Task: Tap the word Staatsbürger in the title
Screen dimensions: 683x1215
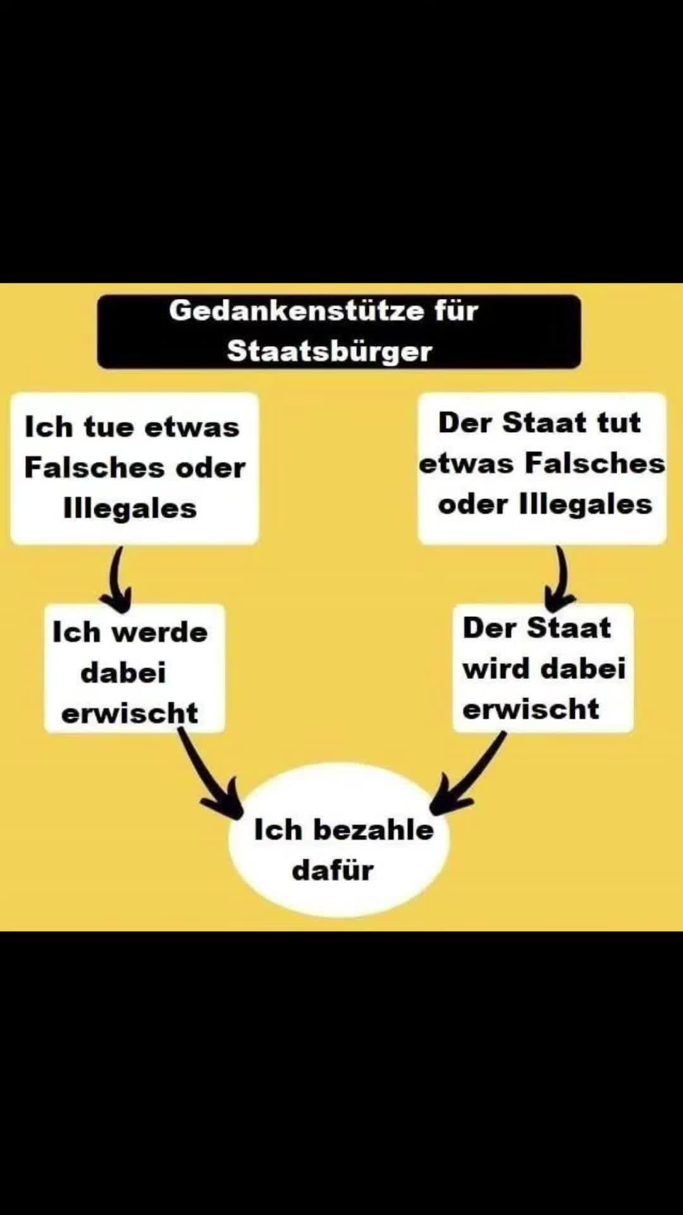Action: tap(329, 352)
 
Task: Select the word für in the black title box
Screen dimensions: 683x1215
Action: tap(456, 311)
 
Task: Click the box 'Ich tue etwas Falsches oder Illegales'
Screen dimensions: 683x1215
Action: tap(134, 468)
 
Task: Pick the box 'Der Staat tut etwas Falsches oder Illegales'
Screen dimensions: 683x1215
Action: tap(542, 468)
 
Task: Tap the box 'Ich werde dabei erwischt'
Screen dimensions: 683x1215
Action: tap(134, 668)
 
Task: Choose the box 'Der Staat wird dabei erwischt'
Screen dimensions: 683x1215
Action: tap(543, 668)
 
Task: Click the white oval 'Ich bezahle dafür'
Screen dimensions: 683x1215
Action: tap(339, 840)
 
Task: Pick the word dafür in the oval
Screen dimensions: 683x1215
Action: tap(333, 870)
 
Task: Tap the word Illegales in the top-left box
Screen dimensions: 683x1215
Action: tap(130, 508)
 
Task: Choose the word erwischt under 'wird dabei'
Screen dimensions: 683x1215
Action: tap(531, 709)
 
